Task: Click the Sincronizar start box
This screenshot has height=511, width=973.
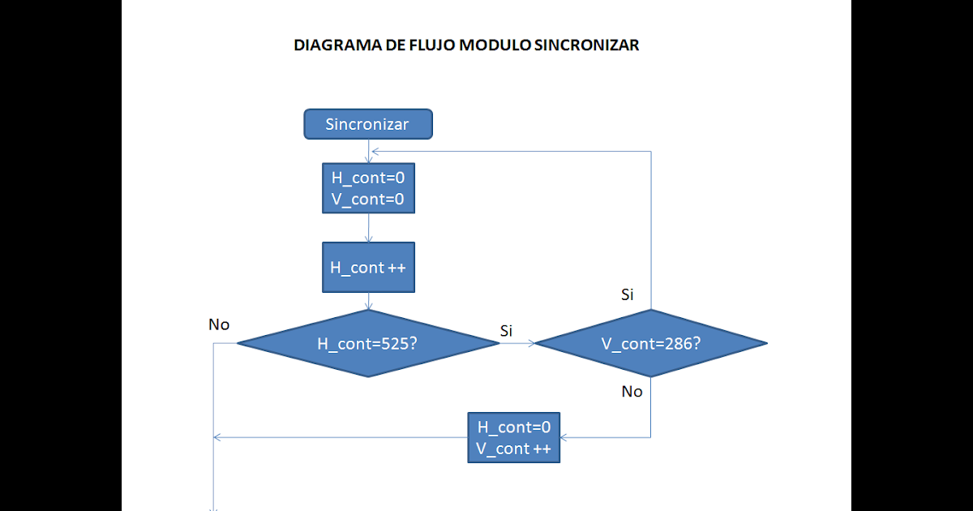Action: (368, 124)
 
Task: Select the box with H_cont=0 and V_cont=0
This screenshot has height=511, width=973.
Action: (368, 188)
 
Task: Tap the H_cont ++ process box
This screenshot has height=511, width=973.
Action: (368, 268)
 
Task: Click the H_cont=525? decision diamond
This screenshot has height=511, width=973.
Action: (368, 343)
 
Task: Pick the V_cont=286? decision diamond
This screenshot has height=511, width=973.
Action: (651, 343)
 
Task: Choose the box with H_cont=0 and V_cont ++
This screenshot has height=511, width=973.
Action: (513, 438)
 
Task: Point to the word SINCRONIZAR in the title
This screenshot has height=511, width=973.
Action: (586, 45)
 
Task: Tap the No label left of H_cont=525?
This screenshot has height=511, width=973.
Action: (219, 325)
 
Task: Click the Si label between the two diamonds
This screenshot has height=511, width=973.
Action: (507, 330)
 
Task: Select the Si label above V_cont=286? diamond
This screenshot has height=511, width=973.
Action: (628, 294)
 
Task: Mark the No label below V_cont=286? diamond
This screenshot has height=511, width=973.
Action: (632, 392)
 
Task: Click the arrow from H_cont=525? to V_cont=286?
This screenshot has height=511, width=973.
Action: (517, 343)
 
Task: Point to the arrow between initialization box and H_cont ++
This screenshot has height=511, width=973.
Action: (369, 228)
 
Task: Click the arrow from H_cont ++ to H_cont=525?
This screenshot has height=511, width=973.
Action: (369, 302)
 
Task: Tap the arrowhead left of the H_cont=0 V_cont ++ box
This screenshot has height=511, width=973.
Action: (217, 438)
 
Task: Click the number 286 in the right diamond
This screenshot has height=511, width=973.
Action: (678, 343)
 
